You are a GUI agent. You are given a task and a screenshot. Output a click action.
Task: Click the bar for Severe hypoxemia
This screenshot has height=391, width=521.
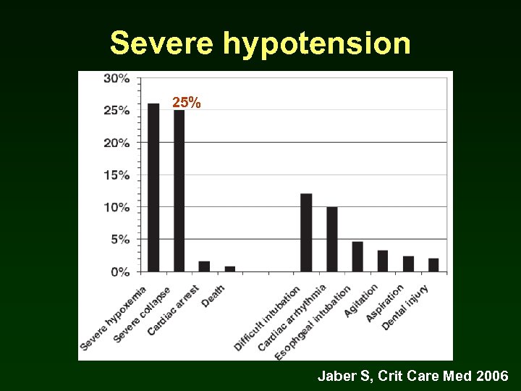(x=153, y=188)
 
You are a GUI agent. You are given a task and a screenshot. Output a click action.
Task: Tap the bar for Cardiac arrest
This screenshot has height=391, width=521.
(x=204, y=266)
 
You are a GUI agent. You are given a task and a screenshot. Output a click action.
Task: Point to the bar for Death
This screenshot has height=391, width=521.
(x=230, y=269)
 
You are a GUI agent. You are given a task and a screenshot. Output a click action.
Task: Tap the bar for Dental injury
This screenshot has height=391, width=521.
(x=433, y=265)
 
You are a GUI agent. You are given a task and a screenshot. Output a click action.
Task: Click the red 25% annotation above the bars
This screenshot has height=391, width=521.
(x=187, y=103)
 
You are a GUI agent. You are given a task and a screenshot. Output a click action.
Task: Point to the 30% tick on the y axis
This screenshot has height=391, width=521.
(x=117, y=78)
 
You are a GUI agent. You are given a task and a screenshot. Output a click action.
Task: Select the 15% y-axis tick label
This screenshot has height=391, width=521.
(x=117, y=175)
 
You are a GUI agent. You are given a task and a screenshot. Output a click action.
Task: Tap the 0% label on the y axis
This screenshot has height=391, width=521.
(x=120, y=272)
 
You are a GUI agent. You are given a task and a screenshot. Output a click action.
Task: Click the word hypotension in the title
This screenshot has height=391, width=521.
(x=317, y=44)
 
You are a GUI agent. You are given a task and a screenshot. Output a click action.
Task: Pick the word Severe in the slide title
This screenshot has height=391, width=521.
(x=161, y=44)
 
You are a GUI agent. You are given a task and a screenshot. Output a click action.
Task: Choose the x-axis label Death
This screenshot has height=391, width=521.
(x=214, y=295)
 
